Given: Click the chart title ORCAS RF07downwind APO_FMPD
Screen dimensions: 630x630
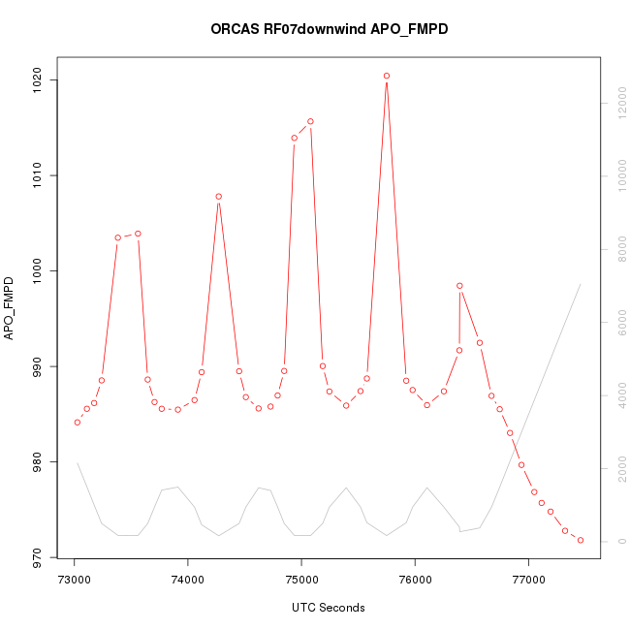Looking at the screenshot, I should pos(329,29).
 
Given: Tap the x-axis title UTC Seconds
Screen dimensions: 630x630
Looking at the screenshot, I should pos(329,608).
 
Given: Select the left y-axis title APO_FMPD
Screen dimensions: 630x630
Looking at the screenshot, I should pos(11,308).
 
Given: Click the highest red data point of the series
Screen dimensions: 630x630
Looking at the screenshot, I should pos(387,76).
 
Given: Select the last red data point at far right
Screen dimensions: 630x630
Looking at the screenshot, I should pos(581,540).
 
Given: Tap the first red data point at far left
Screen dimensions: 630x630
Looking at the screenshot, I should pos(78,422).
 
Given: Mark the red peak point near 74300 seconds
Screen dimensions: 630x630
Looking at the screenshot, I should pos(219,197).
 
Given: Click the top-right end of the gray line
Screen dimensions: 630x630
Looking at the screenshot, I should pos(580,284).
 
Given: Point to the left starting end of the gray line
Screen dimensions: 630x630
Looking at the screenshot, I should pos(78,462).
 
